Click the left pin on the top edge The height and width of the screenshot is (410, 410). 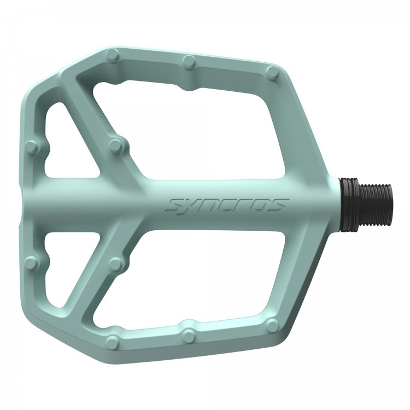click(113, 55)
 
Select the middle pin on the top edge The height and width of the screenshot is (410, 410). click(189, 61)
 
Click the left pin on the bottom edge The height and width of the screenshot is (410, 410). click(113, 342)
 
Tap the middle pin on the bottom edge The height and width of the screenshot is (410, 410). click(189, 335)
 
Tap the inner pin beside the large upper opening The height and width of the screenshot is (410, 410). click(116, 145)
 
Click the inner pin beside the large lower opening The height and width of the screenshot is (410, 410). click(116, 265)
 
